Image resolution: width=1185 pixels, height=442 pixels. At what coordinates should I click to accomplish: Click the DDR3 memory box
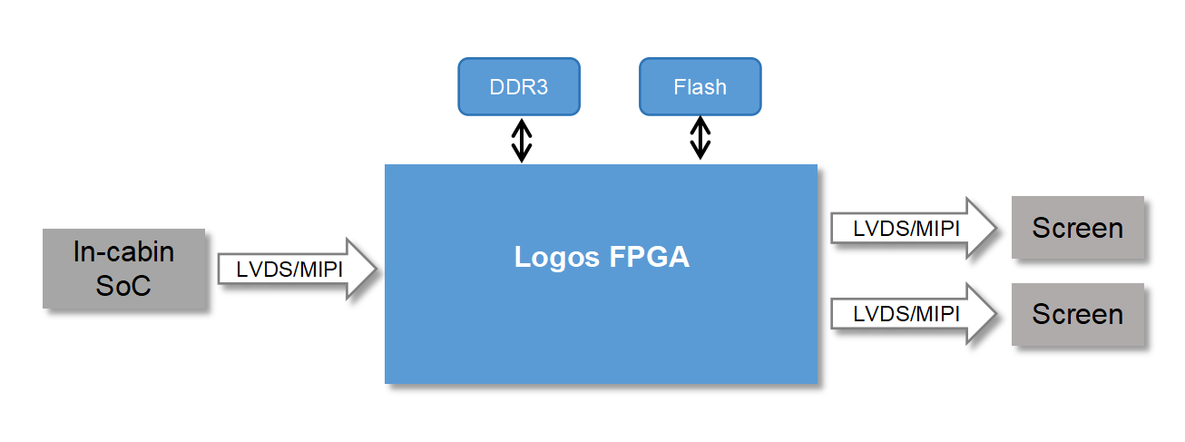pos(519,87)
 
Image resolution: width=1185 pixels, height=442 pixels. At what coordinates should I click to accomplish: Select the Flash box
pos(700,87)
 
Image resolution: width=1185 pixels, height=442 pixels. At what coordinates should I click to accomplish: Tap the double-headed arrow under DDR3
pos(521,140)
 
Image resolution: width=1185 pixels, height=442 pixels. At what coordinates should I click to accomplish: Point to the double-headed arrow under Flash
pos(700,138)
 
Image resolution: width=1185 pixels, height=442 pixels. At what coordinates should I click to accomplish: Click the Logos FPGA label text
pos(602,257)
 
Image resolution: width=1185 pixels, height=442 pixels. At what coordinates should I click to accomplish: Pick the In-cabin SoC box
pos(124,269)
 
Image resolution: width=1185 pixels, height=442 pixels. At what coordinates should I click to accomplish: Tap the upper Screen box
pos(1078,227)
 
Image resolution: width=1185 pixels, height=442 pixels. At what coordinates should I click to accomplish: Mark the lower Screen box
pos(1078,314)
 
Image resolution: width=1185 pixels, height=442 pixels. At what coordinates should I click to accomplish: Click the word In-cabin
pos(124,251)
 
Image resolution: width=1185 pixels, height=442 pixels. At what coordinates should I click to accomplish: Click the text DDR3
pos(519,87)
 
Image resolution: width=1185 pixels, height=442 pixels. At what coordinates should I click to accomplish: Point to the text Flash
pos(700,87)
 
